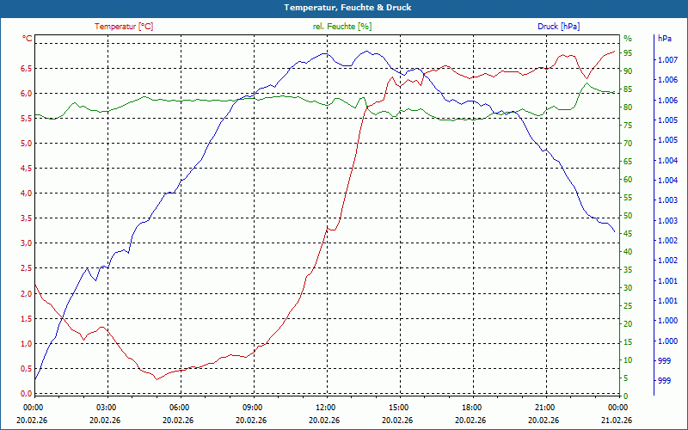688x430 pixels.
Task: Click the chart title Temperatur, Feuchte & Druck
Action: tap(343, 8)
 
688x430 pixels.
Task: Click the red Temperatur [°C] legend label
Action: tap(124, 27)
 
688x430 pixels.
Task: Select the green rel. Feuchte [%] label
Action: tap(341, 27)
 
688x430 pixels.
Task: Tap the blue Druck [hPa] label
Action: tap(558, 27)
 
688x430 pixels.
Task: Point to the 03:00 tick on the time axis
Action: tap(107, 407)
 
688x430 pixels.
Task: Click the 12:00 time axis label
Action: tap(326, 407)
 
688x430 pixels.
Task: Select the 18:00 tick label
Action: tap(471, 407)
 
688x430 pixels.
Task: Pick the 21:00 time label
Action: tap(544, 407)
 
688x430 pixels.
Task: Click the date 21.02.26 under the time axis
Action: tap(617, 420)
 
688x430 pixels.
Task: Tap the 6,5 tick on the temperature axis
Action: tap(26, 68)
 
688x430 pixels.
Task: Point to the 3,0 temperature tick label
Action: tap(26, 243)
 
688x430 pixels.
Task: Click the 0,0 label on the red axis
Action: tap(26, 394)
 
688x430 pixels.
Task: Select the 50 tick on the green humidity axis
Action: tap(628, 216)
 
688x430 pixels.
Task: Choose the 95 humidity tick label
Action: tap(628, 53)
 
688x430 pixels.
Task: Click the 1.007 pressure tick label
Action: tap(666, 60)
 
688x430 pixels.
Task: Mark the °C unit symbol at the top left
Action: tap(28, 39)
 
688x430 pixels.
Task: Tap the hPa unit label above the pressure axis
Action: tap(665, 39)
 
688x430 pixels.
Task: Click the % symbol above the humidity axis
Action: tap(627, 39)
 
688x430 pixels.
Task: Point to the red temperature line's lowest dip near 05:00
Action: tap(156, 378)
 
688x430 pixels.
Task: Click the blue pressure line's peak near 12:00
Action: tap(325, 53)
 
